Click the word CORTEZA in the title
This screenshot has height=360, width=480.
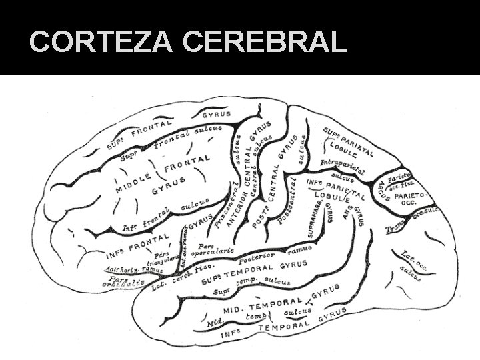pos(101,41)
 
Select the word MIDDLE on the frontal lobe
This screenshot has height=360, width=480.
pos(137,181)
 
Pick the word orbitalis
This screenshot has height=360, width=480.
pos(124,283)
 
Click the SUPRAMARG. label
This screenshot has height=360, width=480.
pos(313,219)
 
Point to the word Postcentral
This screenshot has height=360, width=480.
pos(287,201)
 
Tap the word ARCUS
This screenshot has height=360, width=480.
pos(383,191)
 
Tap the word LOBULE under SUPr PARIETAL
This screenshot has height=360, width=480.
pos(347,146)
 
